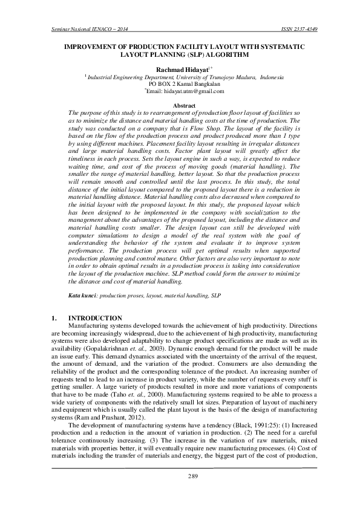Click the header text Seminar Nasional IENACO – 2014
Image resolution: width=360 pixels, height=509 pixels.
point(80,29)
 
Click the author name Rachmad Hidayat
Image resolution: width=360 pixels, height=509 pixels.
point(178,70)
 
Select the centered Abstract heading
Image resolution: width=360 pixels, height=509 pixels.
point(180,106)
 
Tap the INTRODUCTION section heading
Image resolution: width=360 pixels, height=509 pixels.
point(96,317)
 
